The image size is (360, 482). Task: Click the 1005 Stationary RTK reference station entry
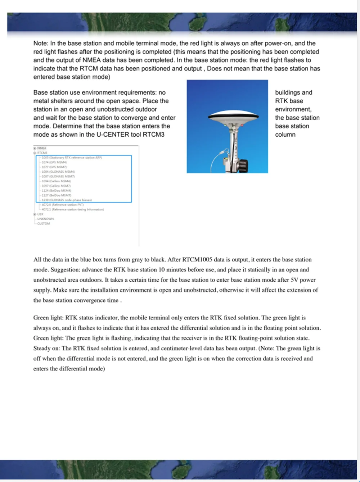click(x=72, y=158)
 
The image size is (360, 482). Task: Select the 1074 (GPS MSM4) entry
click(x=54, y=162)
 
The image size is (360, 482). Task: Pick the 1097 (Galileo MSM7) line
click(x=56, y=186)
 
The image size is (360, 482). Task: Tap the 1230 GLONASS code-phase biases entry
click(x=67, y=200)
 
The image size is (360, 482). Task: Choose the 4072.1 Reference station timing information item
click(x=72, y=209)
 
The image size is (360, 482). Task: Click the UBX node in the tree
click(x=40, y=214)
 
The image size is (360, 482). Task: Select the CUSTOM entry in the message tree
click(x=44, y=224)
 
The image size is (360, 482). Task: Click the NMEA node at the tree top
click(x=41, y=148)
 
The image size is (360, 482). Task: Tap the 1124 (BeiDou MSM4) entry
click(x=56, y=191)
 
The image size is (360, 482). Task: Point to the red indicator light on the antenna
click(x=242, y=125)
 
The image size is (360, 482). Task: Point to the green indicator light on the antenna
click(x=225, y=126)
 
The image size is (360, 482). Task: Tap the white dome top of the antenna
click(x=234, y=113)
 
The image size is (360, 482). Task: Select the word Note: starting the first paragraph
click(x=41, y=43)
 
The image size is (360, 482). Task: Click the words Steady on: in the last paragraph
click(x=47, y=348)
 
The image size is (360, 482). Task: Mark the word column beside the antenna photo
click(x=285, y=135)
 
